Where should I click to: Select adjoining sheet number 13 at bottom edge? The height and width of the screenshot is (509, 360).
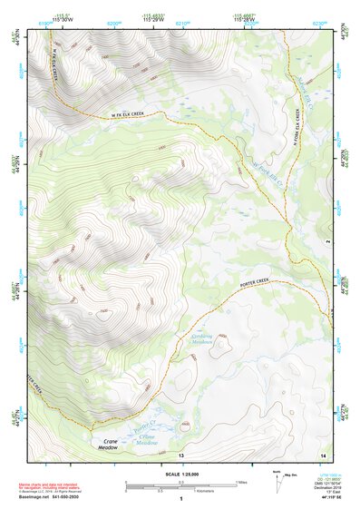(180, 454)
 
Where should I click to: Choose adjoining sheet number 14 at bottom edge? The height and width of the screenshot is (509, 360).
(322, 454)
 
